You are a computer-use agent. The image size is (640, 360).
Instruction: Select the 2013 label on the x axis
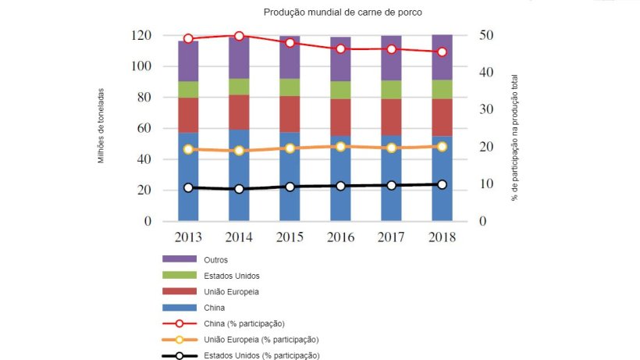[x=188, y=237]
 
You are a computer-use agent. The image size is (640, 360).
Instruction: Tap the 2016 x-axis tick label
[x=340, y=237]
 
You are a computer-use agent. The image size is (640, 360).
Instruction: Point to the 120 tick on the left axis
[x=141, y=36]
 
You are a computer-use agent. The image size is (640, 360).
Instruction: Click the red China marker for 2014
[x=239, y=36]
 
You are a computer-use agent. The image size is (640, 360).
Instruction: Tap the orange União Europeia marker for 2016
[x=340, y=147]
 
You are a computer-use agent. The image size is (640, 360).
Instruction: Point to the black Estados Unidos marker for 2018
[x=442, y=185]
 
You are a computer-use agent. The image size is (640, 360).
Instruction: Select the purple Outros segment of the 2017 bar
[x=391, y=59]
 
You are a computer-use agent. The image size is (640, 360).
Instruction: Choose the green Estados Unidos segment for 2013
[x=188, y=90]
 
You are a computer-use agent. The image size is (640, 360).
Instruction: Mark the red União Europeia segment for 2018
[x=442, y=117]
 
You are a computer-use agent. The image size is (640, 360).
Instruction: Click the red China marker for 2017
[x=391, y=49]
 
